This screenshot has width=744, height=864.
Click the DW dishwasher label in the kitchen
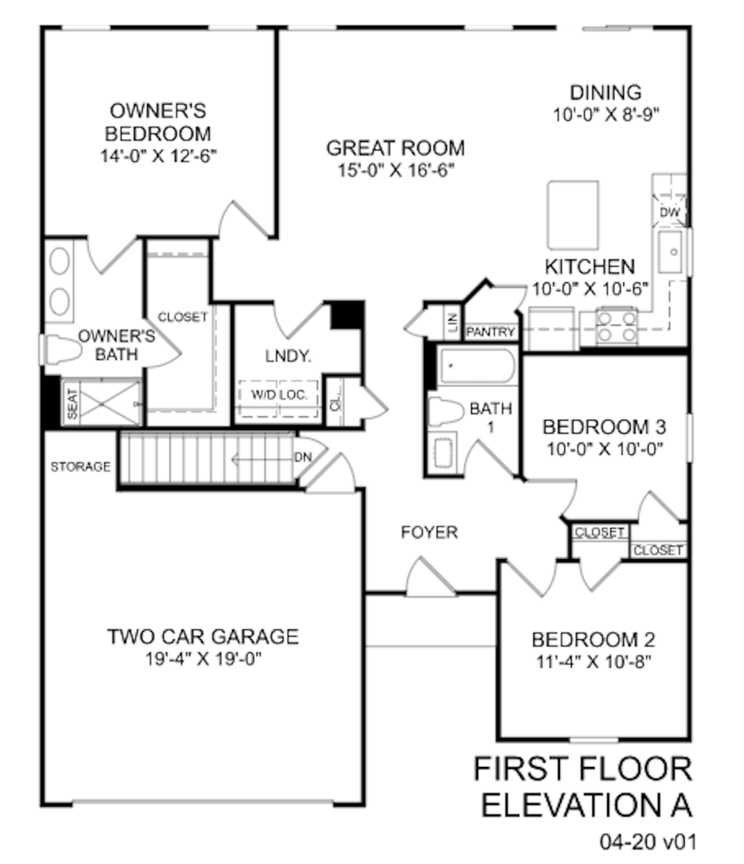pos(670,212)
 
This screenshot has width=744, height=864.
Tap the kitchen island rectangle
pos(573,215)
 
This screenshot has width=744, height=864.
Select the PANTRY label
pos(491,332)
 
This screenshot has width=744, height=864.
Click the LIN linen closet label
pos(453,321)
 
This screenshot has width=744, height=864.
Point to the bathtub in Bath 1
pos(477,366)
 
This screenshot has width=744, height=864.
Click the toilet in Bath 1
pos(446,411)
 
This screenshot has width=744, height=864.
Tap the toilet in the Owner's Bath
pos(61,350)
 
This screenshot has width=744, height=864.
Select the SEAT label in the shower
pos(72,404)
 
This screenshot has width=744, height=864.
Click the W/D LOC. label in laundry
pos(278,394)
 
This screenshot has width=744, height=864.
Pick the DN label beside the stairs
pos(303,457)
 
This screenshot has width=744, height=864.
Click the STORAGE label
pos(80,467)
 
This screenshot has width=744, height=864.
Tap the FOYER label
pos(429,532)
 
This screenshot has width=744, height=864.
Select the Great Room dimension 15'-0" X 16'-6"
pos(396,171)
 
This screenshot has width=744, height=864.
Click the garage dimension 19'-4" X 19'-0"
pos(204,659)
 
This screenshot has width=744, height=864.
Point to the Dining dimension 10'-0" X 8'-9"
pos(606,115)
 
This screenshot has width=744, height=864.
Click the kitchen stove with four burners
pos(617,327)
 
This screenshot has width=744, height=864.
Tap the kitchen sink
pos(671,252)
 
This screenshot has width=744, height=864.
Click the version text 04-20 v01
pos(648,842)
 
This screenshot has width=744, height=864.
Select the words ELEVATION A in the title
pos(587,806)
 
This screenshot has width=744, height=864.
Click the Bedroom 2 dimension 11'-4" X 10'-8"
pos(594,661)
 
